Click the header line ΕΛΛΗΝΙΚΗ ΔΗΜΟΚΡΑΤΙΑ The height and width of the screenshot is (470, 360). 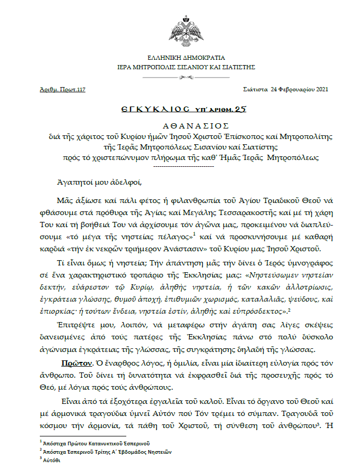[179, 58]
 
